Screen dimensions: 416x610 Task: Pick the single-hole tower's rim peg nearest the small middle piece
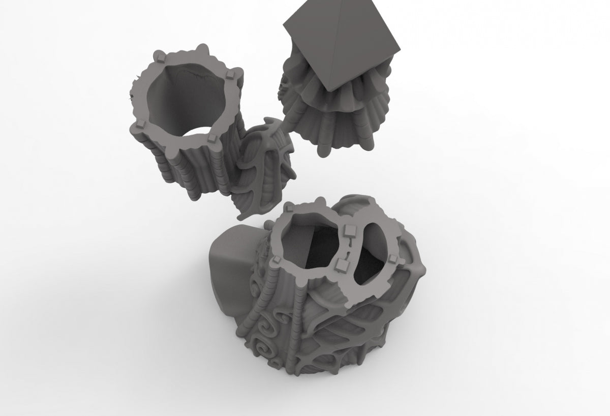211,138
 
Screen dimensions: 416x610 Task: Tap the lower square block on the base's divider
341,264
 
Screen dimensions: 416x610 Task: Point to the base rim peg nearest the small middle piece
289,208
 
